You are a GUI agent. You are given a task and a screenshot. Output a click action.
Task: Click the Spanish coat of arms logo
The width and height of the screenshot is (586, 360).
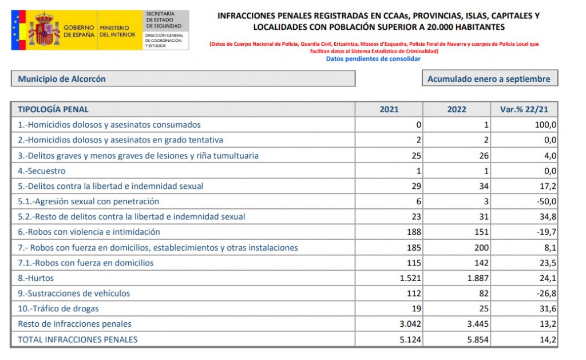(44, 30)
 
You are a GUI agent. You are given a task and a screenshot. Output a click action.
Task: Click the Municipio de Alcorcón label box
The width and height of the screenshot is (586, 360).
(183, 79)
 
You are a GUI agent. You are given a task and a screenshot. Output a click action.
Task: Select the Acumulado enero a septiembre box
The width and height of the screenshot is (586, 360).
(489, 79)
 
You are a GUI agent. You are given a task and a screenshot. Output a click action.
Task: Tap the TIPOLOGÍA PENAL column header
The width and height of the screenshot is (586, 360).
(53, 109)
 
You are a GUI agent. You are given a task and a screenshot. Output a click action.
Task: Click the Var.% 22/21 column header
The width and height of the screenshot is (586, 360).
(524, 109)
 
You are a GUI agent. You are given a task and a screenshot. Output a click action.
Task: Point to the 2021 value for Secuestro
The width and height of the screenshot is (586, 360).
(418, 171)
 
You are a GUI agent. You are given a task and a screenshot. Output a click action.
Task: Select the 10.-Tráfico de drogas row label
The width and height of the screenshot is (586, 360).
(58, 308)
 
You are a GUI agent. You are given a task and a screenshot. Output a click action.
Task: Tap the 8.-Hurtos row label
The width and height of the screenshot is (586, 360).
(35, 278)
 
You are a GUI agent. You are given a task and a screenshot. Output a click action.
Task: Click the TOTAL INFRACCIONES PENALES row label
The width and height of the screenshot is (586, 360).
(78, 339)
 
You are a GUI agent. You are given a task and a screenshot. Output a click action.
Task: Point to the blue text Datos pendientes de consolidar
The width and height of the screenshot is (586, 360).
(373, 59)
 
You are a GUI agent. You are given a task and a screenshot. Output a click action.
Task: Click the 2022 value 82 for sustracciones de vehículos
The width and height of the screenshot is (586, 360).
(483, 293)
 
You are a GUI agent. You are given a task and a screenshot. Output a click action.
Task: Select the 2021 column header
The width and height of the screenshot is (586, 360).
(389, 109)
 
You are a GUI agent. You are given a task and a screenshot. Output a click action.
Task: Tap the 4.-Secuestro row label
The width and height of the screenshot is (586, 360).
(42, 171)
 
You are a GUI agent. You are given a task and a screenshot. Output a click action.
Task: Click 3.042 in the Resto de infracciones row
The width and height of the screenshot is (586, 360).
(409, 324)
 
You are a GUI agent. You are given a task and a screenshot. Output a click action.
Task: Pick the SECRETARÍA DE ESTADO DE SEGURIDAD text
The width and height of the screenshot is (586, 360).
(164, 19)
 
